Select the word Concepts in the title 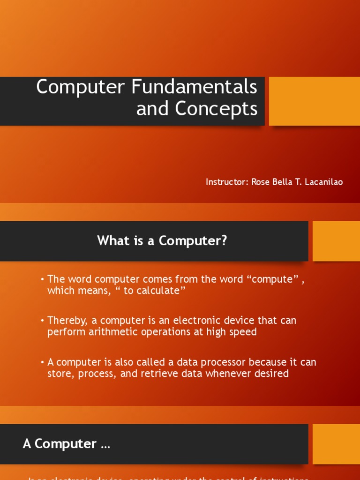pos(216,108)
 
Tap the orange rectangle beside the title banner pos(314,101)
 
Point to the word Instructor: pos(227,182)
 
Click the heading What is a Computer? pos(162,241)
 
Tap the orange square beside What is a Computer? pos(336,241)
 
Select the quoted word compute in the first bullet pos(272,279)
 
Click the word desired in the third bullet pos(272,374)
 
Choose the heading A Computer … pos(66,444)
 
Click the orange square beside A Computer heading pos(336,444)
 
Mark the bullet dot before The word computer pos(42,279)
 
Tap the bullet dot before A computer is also pos(42,362)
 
